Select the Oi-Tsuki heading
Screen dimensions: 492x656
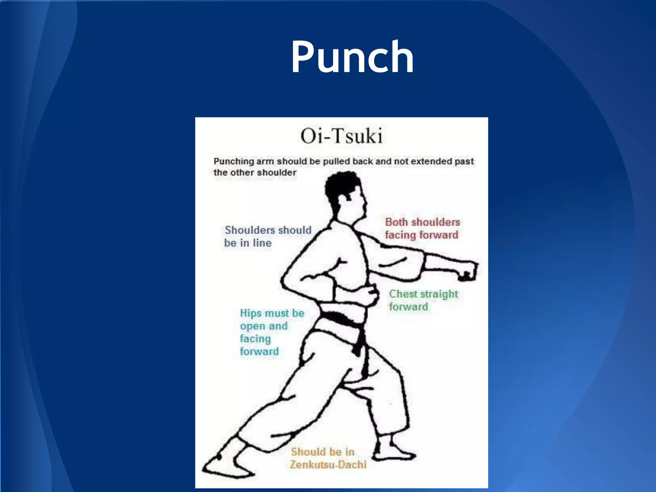[341, 136]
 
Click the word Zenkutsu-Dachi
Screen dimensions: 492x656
[328, 465]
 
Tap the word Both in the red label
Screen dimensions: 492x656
[396, 222]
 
